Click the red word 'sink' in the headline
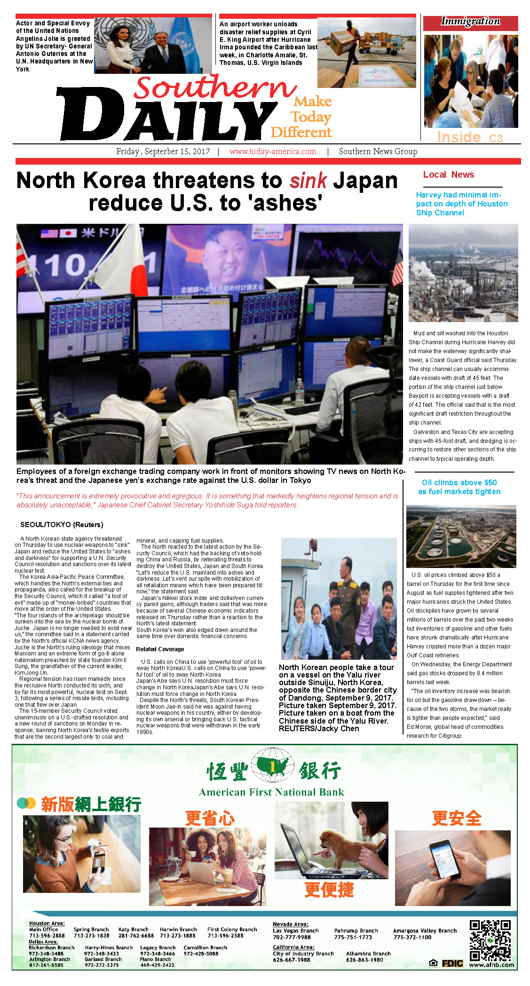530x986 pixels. pyautogui.click(x=308, y=181)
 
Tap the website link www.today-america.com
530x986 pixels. pyautogui.click(x=273, y=151)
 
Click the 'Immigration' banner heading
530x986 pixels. pyautogui.click(x=470, y=22)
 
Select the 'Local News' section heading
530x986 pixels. pyautogui.click(x=448, y=174)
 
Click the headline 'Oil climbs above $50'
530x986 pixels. pyautogui.click(x=459, y=482)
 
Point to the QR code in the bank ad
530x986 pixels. pyautogui.click(x=490, y=940)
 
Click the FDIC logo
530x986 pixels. pyautogui.click(x=452, y=963)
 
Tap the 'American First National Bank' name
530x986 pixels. pyautogui.click(x=271, y=792)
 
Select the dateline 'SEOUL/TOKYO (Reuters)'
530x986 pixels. pyautogui.click(x=62, y=524)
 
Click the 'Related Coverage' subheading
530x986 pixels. pyautogui.click(x=160, y=649)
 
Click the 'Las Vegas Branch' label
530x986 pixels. pyautogui.click(x=295, y=931)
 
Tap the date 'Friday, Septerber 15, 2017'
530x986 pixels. pyautogui.click(x=163, y=151)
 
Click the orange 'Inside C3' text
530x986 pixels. pyautogui.click(x=469, y=137)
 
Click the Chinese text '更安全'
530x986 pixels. pyautogui.click(x=456, y=818)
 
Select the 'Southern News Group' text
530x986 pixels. pyautogui.click(x=378, y=151)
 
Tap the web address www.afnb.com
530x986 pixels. pyautogui.click(x=491, y=964)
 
